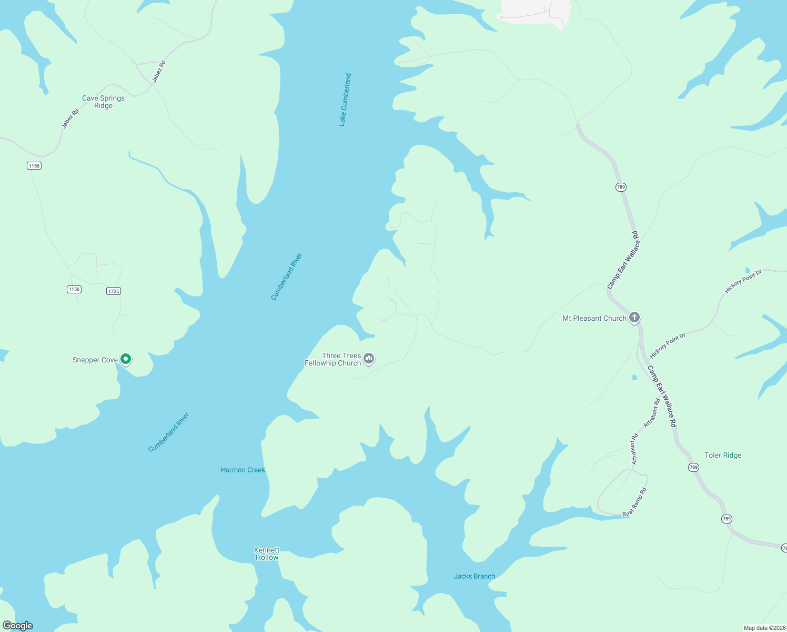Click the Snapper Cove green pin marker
tap(125, 359)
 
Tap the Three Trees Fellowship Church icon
tap(369, 359)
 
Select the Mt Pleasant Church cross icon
tap(634, 317)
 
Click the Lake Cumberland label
tap(345, 100)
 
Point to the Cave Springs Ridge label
tap(103, 102)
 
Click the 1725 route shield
tap(114, 291)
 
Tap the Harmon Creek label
tap(243, 470)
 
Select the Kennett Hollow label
tap(267, 554)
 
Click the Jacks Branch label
tap(474, 576)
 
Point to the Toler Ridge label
tap(722, 455)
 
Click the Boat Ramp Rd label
tap(634, 502)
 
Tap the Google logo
tap(18, 625)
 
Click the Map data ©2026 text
tap(764, 628)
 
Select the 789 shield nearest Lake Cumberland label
tap(621, 187)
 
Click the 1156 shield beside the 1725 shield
tap(74, 289)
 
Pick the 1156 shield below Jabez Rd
tap(34, 165)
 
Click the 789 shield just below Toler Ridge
tap(693, 467)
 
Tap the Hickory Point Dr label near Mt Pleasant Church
tap(668, 345)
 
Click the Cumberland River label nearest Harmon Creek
tap(168, 432)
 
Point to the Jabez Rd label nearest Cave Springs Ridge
tap(70, 118)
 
